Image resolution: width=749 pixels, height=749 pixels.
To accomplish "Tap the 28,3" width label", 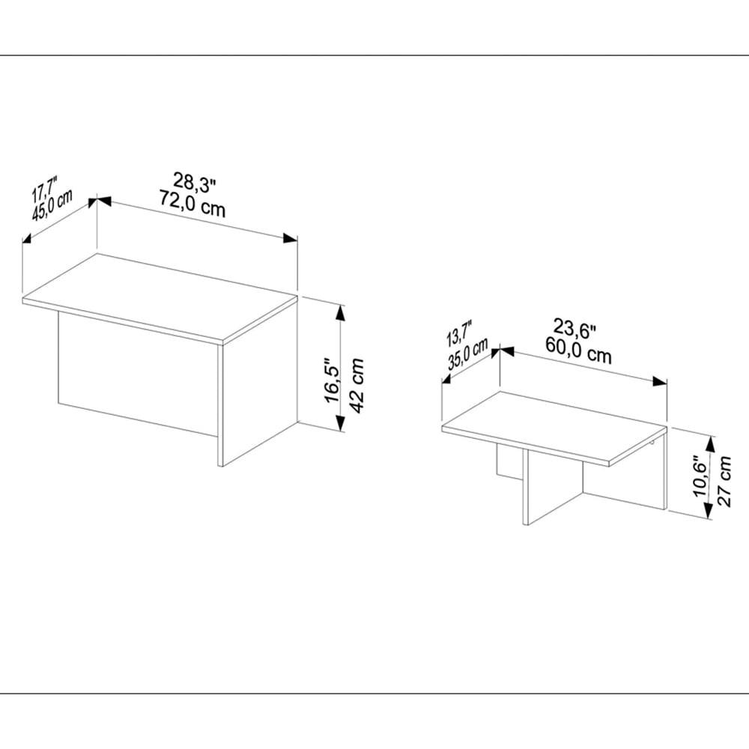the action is pyautogui.click(x=195, y=183).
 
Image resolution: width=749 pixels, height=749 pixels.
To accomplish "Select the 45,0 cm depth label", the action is pyautogui.click(x=52, y=205).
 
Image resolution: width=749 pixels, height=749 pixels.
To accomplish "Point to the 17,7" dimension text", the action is pyautogui.click(x=44, y=189).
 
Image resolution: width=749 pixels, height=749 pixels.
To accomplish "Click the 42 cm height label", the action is pyautogui.click(x=357, y=385).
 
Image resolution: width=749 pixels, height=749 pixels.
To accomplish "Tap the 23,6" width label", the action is pyautogui.click(x=575, y=329).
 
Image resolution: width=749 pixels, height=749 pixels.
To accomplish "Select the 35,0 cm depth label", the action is pyautogui.click(x=468, y=354).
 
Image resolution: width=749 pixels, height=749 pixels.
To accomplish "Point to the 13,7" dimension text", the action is pyautogui.click(x=459, y=334).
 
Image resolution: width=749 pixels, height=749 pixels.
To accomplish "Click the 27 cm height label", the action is pyautogui.click(x=724, y=481).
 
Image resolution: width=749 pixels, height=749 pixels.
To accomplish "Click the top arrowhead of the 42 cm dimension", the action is pyautogui.click(x=340, y=313).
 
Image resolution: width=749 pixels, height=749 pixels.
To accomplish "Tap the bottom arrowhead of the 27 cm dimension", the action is pyautogui.click(x=709, y=512).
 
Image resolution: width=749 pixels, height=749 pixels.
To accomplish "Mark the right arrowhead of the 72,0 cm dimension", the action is pyautogui.click(x=290, y=238).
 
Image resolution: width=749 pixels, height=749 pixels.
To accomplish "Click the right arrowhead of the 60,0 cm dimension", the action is pyautogui.click(x=660, y=381).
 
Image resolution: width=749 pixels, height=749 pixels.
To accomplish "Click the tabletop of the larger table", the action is pyautogui.click(x=160, y=298).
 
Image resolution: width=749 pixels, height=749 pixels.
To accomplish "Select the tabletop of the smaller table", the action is pyautogui.click(x=554, y=427).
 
